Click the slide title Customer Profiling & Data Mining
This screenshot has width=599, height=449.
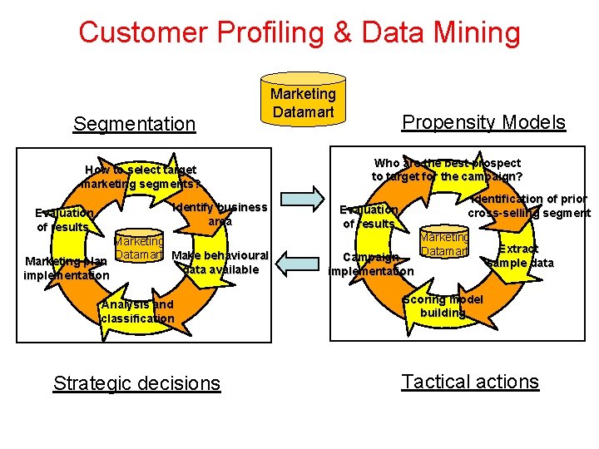click(299, 32)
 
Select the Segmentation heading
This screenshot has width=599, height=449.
click(134, 124)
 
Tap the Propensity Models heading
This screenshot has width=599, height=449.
click(483, 122)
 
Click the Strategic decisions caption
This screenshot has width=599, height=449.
click(136, 382)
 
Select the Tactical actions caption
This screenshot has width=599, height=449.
click(470, 381)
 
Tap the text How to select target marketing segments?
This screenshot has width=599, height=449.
click(140, 176)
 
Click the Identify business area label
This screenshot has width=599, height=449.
click(220, 214)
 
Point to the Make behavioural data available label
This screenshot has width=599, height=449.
click(220, 262)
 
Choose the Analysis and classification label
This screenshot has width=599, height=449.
click(137, 311)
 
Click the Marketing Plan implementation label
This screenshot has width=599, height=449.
click(66, 268)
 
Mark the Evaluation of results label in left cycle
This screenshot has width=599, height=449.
click(63, 220)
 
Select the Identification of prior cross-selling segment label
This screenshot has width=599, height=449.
click(529, 205)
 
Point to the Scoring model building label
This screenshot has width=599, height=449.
click(443, 306)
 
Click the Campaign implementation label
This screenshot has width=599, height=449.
click(371, 264)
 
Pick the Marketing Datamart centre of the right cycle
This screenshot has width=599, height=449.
click(444, 244)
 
